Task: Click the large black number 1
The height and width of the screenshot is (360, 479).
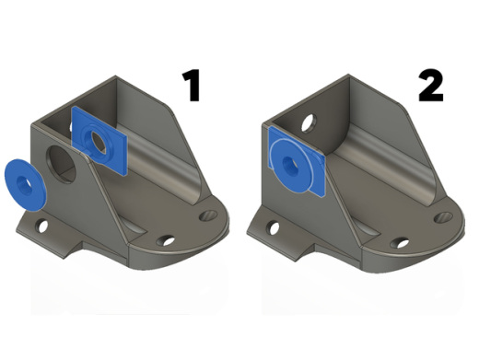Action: pyautogui.click(x=191, y=86)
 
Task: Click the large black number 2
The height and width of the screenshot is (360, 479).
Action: pyautogui.click(x=431, y=86)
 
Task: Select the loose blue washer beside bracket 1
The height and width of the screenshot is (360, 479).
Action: pyautogui.click(x=25, y=185)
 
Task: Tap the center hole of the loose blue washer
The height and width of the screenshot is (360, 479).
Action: pyautogui.click(x=24, y=185)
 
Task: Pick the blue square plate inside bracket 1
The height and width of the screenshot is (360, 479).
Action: pyautogui.click(x=99, y=141)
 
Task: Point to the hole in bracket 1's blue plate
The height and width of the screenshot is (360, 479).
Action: pyautogui.click(x=99, y=143)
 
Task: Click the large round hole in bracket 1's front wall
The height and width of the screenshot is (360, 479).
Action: pyautogui.click(x=61, y=164)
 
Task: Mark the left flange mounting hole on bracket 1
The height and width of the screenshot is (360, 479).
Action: pyautogui.click(x=41, y=226)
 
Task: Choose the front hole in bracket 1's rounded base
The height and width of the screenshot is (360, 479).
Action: pyautogui.click(x=166, y=240)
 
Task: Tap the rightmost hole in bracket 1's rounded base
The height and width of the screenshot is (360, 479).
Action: pyautogui.click(x=208, y=215)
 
